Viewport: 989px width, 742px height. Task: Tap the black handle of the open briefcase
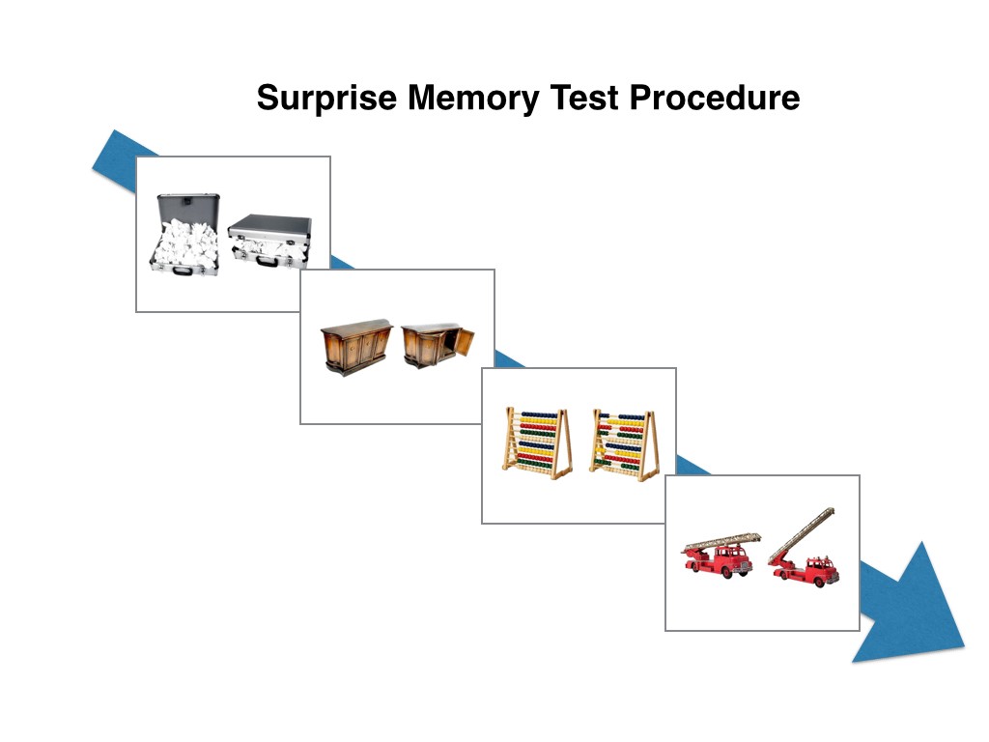click(x=183, y=269)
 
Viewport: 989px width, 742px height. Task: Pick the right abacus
click(x=624, y=443)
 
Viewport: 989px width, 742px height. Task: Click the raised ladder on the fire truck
click(x=801, y=534)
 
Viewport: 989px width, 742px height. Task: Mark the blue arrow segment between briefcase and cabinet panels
click(x=340, y=262)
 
